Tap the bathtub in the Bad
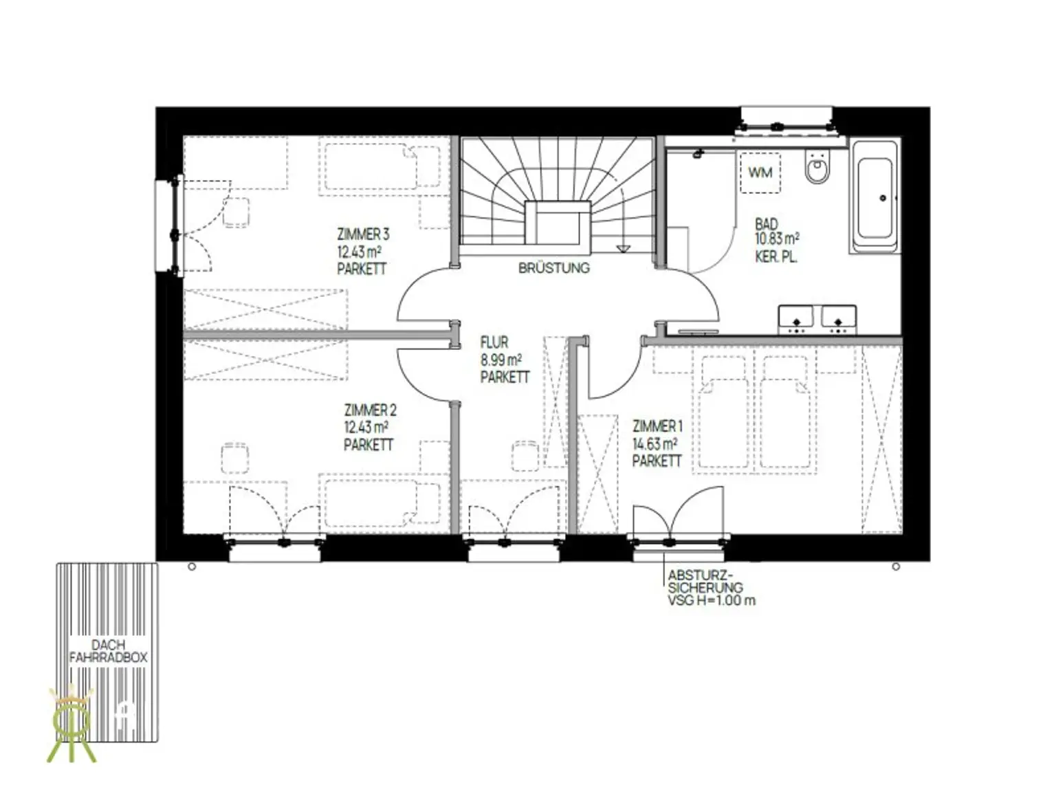874,197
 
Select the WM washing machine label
760,172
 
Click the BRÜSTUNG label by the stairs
553,268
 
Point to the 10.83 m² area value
778,239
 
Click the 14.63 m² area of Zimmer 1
654,443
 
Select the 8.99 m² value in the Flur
501,360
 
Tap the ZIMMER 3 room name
363,234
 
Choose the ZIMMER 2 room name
370,410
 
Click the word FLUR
494,342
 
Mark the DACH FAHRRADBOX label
108,651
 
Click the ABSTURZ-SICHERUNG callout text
712,588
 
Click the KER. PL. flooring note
776,257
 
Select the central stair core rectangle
558,223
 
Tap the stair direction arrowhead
623,248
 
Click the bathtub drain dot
883,198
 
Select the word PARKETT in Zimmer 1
657,461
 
